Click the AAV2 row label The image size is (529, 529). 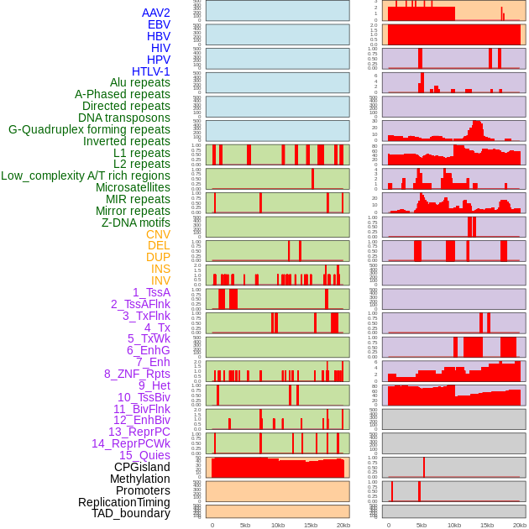[x=156, y=13]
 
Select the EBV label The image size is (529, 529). [x=159, y=24]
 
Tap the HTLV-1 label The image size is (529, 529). [x=151, y=71]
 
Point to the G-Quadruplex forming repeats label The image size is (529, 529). [x=89, y=129]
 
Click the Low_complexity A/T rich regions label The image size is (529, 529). [x=86, y=175]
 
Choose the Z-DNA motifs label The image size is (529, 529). [x=136, y=223]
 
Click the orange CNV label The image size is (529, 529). [x=158, y=234]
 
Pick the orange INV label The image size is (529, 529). [x=160, y=280]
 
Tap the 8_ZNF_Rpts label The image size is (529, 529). [x=137, y=374]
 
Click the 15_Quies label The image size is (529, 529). [x=144, y=455]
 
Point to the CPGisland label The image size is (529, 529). [x=142, y=467]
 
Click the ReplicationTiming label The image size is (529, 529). [x=123, y=502]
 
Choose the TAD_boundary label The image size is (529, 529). [x=131, y=513]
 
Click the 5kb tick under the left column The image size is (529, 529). [x=245, y=525]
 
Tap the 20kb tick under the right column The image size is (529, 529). [x=520, y=525]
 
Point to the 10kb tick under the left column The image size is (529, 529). [x=278, y=525]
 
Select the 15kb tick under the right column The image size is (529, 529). [x=487, y=525]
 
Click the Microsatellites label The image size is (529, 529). [x=133, y=187]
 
